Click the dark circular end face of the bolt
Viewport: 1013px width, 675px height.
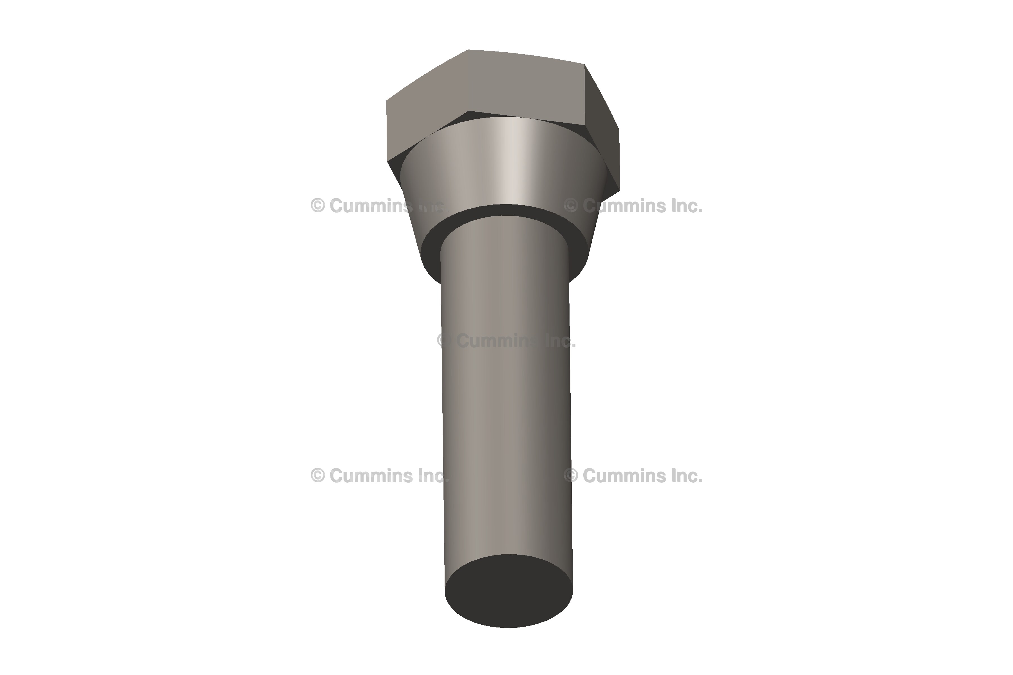508,591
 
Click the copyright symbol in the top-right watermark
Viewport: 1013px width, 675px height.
571,206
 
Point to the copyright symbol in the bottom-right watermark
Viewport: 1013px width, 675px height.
571,476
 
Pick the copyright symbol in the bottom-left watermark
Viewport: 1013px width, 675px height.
317,476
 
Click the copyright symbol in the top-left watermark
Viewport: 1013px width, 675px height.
317,206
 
